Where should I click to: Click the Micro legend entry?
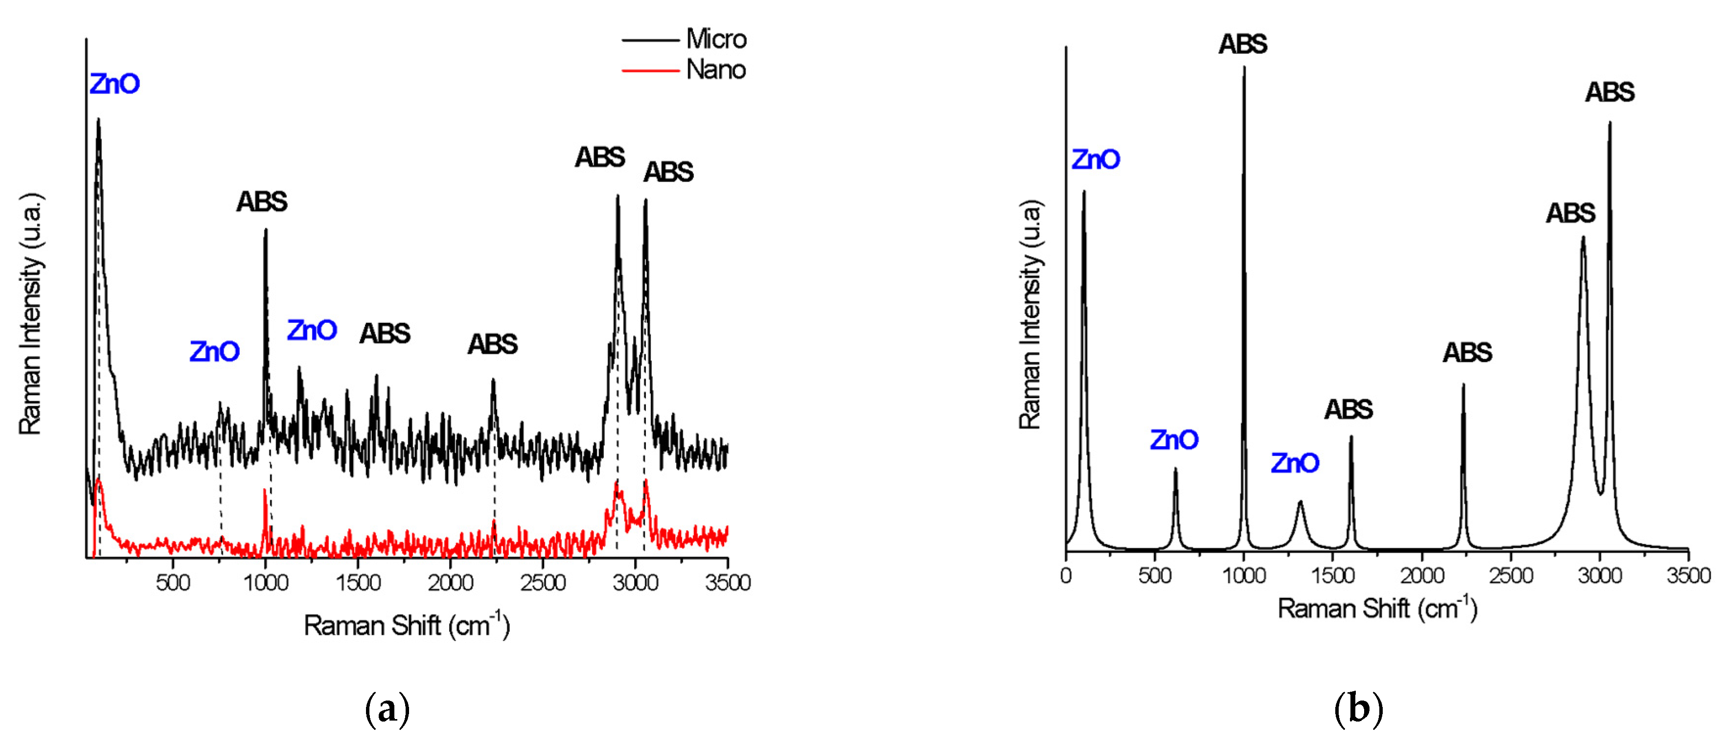coord(716,39)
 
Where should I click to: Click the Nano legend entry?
coord(716,69)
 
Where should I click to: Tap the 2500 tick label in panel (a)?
coord(543,583)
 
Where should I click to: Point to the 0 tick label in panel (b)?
coord(1066,576)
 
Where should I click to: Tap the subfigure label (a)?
coord(387,709)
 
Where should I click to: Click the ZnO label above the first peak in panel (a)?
coord(114,84)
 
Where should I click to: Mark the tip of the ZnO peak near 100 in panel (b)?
coord(1084,191)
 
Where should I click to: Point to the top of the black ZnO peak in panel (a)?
coord(98,119)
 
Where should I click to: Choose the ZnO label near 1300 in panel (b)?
coord(1295,463)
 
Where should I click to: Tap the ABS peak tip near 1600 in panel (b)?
coord(1350,436)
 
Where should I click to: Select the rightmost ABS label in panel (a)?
coord(668,172)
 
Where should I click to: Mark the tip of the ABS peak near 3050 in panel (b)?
coord(1610,123)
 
